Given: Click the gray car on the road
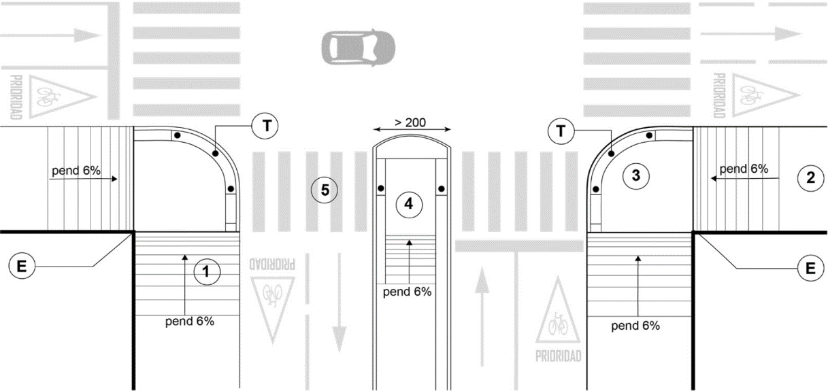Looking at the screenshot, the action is [x=358, y=48].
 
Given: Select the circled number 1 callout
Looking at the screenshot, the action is [x=207, y=271].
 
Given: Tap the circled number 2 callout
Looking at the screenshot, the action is [x=810, y=177].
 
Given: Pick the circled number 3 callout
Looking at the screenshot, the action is [x=635, y=175].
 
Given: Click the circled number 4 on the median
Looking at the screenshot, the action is [x=409, y=203].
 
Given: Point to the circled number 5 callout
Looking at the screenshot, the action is [x=325, y=190].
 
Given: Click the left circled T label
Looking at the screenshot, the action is [x=265, y=126].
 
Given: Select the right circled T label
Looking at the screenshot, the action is [x=561, y=131].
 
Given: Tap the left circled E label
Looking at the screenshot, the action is [x=22, y=266].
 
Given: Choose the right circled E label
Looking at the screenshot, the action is [x=810, y=268].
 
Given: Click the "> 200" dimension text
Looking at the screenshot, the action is [x=410, y=122].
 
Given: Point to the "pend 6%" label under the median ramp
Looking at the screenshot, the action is [x=407, y=292].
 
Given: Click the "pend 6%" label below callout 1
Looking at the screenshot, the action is [x=190, y=321].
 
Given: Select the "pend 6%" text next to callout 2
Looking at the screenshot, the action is [x=744, y=169].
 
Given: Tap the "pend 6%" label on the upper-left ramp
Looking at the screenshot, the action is [x=76, y=171].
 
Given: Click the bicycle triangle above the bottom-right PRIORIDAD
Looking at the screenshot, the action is [x=558, y=312].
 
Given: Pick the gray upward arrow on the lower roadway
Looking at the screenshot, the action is [x=482, y=317].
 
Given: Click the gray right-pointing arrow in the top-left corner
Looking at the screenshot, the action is [x=50, y=35].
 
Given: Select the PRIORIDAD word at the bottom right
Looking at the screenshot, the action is [x=558, y=356].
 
